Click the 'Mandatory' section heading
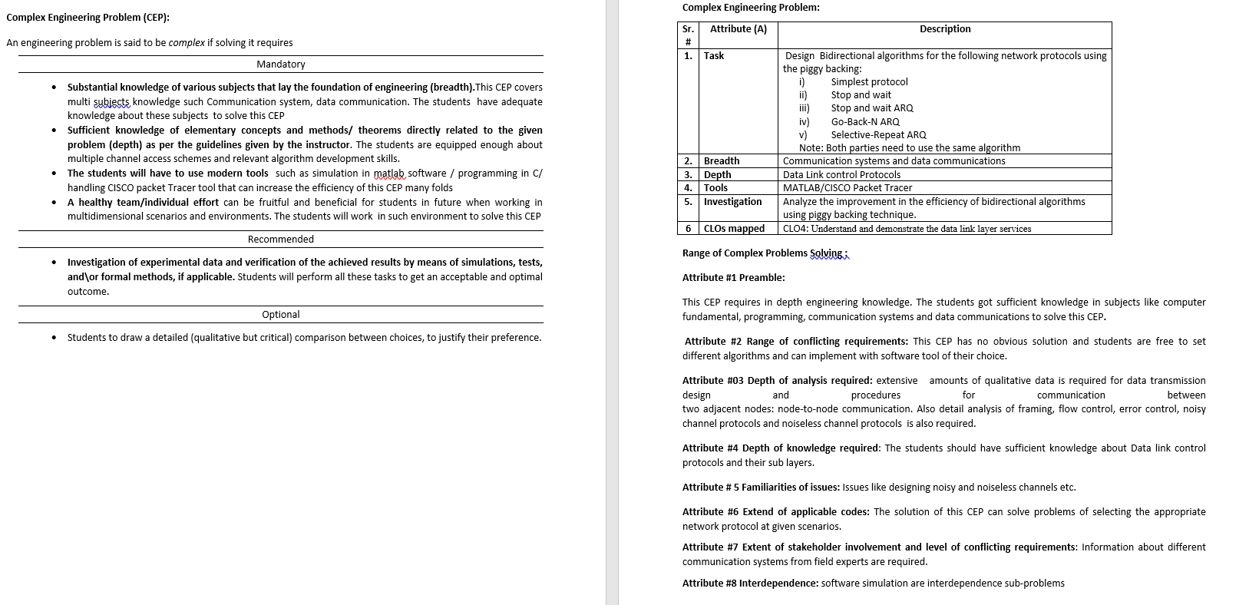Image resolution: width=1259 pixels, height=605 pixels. pos(281,64)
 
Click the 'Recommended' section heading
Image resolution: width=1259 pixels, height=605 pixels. pos(281,240)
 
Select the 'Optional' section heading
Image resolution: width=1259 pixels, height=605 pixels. pos(281,315)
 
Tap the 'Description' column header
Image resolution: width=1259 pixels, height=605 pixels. pos(945,29)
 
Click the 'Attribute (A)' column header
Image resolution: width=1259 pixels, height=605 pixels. pos(738,29)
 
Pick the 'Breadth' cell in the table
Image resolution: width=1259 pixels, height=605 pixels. pos(722,161)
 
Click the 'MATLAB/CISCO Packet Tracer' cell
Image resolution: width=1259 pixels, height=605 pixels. pos(848,188)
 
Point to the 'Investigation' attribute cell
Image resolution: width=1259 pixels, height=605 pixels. pos(732,202)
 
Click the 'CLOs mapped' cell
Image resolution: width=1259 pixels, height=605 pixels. pos(734,229)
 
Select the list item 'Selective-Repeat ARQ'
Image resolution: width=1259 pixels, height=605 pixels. pos(878,135)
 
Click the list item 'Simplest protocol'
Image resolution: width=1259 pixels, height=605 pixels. pos(869,82)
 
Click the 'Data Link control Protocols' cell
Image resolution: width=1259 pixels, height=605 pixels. pos(841,175)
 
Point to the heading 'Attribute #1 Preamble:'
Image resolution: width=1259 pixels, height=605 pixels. pos(733,278)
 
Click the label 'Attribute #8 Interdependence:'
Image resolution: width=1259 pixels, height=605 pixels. pos(750,584)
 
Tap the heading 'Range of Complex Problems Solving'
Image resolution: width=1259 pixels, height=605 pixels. pos(765,253)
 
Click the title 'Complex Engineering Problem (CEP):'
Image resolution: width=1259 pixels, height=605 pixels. pos(88,18)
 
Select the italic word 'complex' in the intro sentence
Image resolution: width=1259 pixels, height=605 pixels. pos(187,43)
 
